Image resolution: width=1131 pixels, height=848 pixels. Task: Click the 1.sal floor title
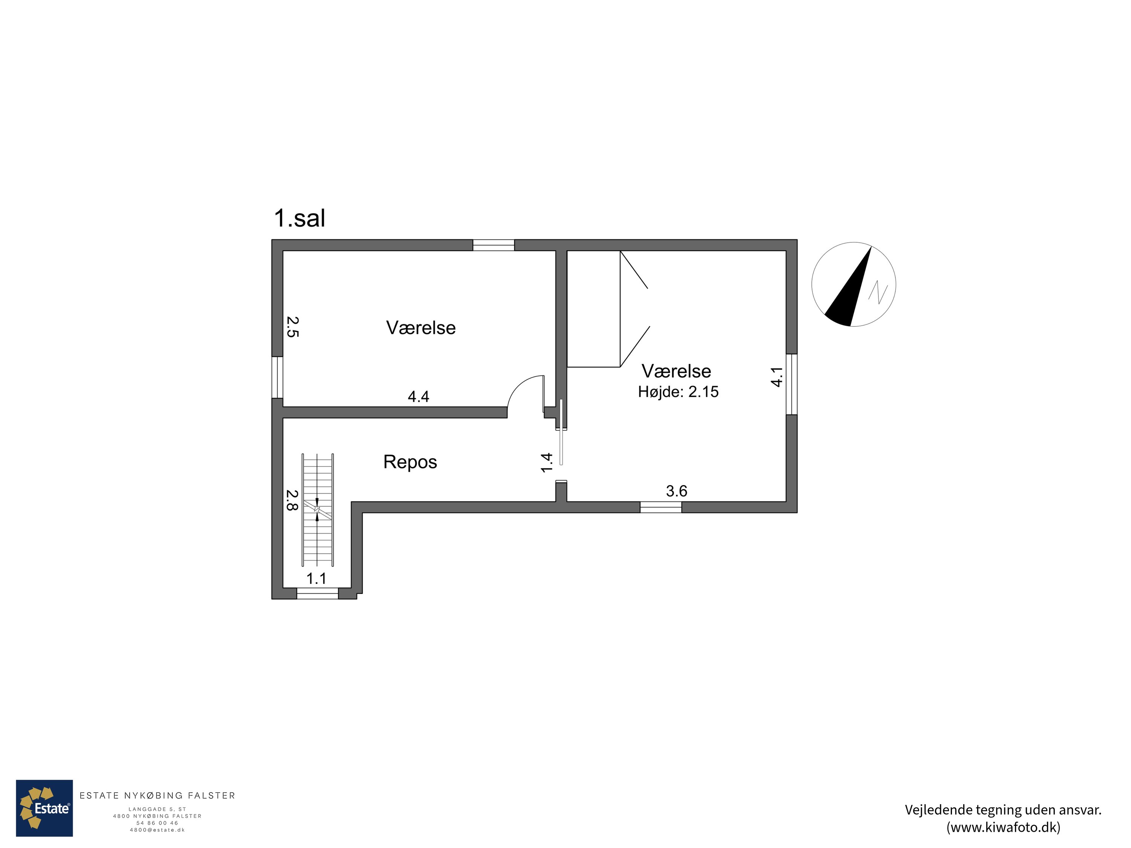click(x=300, y=218)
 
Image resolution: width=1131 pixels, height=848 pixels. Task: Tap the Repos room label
click(x=410, y=462)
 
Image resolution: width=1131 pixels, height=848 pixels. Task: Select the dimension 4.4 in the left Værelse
click(x=418, y=396)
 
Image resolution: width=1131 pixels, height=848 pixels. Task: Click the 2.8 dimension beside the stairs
click(x=291, y=501)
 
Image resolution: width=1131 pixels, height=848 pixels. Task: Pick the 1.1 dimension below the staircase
click(x=316, y=579)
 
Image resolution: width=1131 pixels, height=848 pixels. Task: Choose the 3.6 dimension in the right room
click(x=676, y=491)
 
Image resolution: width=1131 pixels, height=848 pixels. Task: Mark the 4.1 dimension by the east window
click(x=776, y=377)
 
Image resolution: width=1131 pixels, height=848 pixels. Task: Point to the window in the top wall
click(x=493, y=245)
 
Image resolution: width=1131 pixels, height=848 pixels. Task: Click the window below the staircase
click(x=317, y=594)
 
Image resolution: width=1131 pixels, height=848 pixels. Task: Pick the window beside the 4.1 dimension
click(x=791, y=384)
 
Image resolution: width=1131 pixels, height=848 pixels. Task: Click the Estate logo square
click(x=44, y=808)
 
